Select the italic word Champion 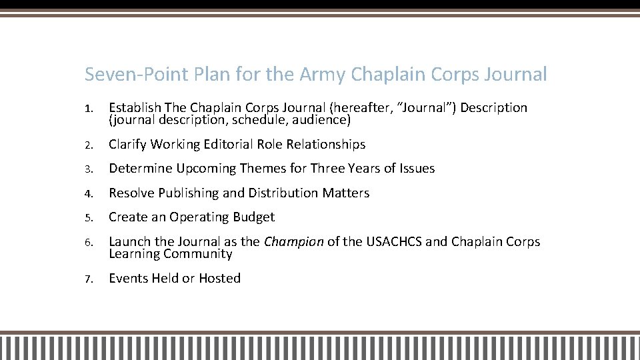(x=293, y=242)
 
